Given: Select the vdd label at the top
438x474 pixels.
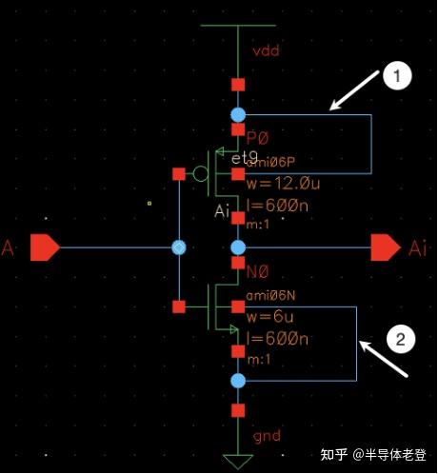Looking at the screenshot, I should coord(268,52).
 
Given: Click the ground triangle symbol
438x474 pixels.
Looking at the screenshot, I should coord(238,462).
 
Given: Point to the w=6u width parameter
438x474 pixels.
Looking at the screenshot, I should coord(271,318).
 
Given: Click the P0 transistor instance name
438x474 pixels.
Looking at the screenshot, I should coord(258,136).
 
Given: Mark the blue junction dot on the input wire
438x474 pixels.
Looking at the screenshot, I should coord(178,247).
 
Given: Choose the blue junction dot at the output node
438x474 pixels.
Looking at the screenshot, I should coord(238,247).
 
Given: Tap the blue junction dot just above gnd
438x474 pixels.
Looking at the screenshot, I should coord(238,381).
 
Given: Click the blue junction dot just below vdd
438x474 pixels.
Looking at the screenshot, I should coord(238,114).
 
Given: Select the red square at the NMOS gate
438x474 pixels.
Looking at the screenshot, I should coord(178,306).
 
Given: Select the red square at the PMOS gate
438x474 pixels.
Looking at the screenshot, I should coord(178,174).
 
